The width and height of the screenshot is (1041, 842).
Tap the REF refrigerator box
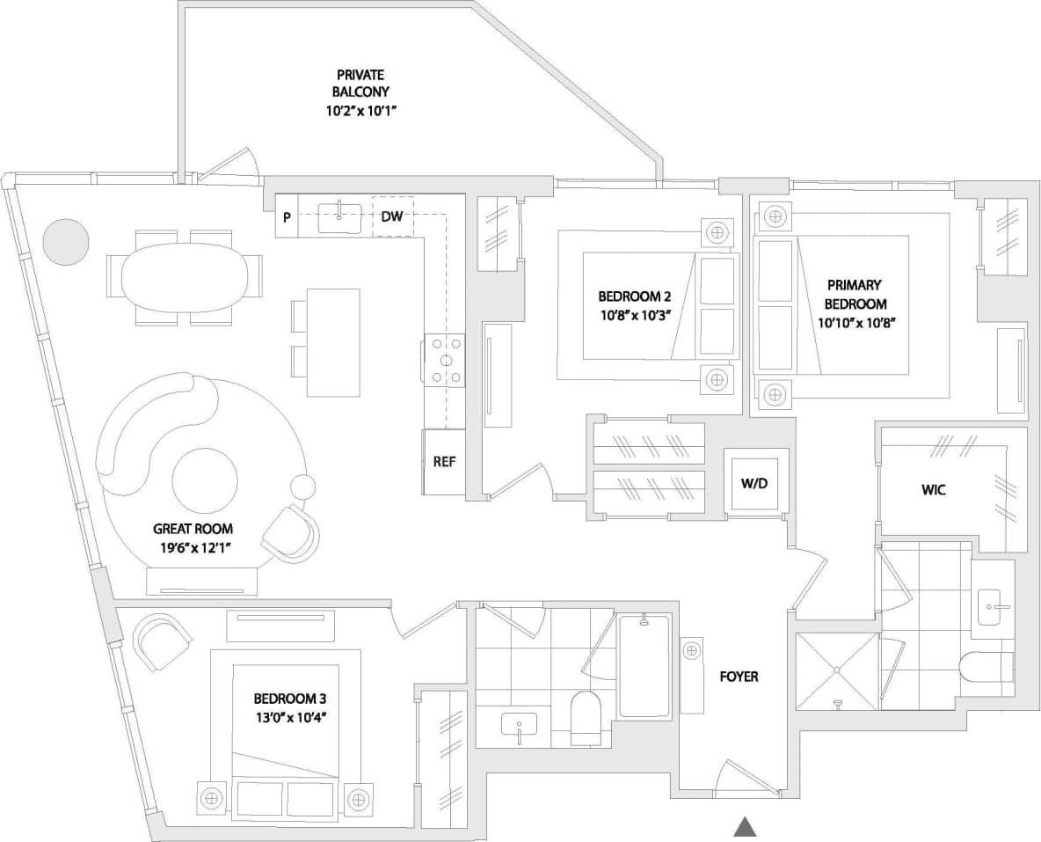click(444, 462)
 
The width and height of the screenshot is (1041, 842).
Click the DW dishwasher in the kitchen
click(392, 216)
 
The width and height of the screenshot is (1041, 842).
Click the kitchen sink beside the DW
click(339, 216)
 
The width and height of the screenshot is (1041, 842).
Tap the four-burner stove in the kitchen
click(445, 360)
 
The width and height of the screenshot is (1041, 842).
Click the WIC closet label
click(934, 489)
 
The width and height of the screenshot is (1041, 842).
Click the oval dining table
click(184, 277)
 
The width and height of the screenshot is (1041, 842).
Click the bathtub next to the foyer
click(644, 666)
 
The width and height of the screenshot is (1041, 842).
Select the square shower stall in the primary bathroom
click(837, 670)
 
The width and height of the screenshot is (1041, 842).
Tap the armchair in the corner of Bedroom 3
click(163, 640)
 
